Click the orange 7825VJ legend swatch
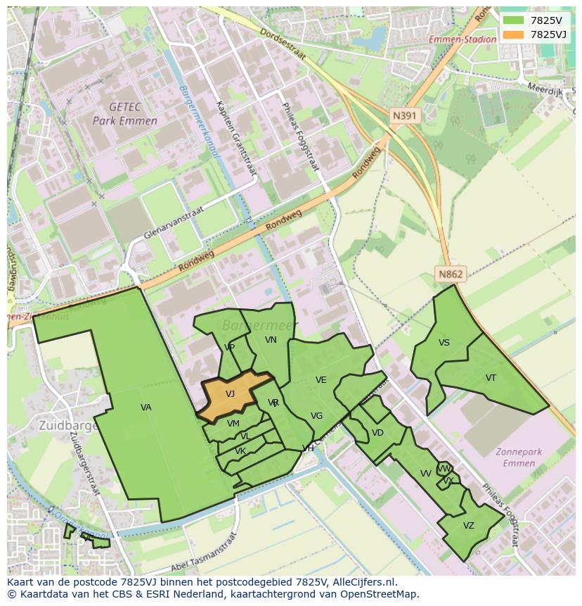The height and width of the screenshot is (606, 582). [512, 34]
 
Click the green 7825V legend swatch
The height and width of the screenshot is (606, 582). [512, 20]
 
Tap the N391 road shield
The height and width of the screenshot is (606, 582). [406, 115]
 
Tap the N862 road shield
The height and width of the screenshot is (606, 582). [451, 274]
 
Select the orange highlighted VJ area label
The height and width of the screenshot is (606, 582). [230, 394]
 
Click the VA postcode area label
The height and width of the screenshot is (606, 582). [145, 408]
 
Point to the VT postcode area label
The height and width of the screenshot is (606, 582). [491, 378]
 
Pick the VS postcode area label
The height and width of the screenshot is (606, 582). [444, 343]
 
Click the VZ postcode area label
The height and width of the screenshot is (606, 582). [468, 526]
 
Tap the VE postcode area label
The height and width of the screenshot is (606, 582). [321, 380]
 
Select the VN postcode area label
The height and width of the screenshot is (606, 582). [271, 340]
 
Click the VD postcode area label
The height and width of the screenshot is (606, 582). [377, 433]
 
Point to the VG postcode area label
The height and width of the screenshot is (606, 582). [316, 416]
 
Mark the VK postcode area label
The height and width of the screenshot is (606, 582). [240, 451]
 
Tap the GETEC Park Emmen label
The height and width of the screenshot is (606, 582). [125, 113]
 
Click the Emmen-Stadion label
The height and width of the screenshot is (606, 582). [463, 39]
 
